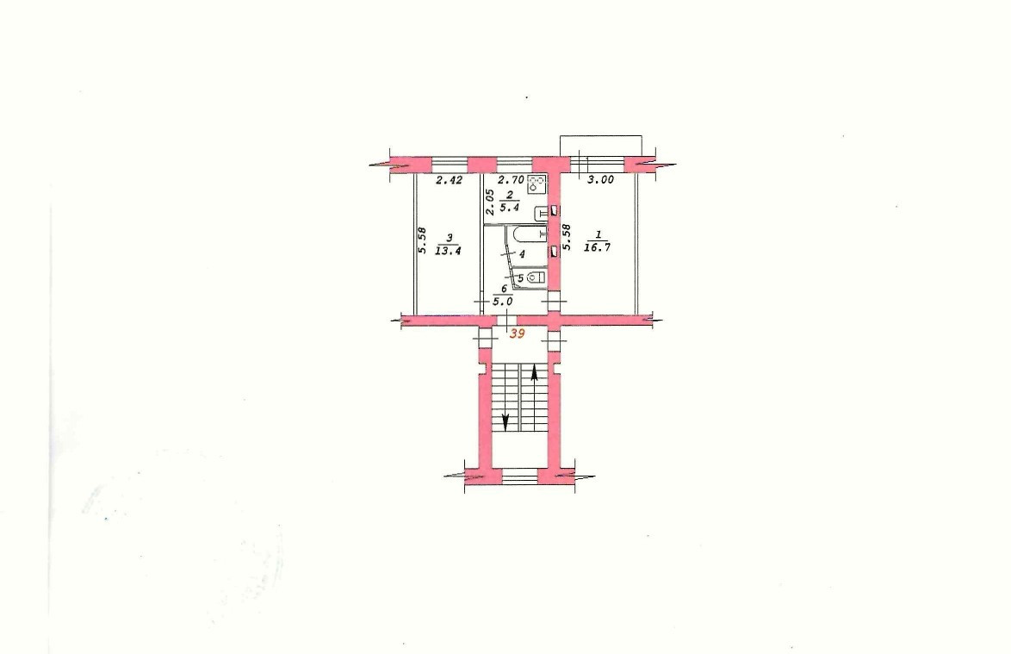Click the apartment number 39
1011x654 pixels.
[517, 334]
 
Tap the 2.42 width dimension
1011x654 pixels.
[449, 181]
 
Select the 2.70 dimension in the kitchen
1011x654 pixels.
[512, 181]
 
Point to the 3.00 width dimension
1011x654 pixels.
[600, 181]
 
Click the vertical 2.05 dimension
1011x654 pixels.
[490, 202]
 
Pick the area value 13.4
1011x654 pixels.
[448, 251]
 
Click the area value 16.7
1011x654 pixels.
[597, 247]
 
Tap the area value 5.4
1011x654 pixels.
[509, 208]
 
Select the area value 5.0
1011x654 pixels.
[503, 302]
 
